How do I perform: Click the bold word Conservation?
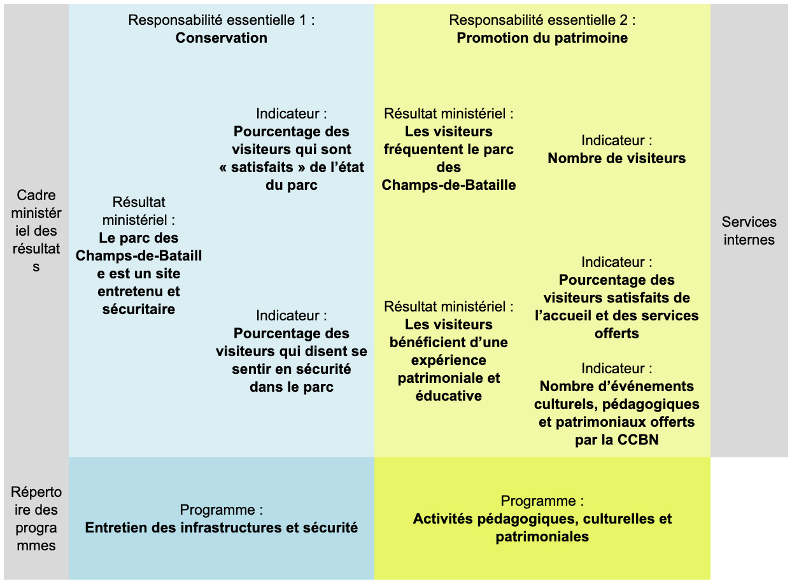(x=222, y=38)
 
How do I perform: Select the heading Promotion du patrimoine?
(x=542, y=38)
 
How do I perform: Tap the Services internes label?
(x=749, y=231)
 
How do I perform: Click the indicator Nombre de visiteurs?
(x=617, y=159)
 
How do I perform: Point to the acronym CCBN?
(x=638, y=439)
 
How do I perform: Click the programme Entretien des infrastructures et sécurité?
(x=222, y=527)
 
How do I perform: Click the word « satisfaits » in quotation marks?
(x=262, y=168)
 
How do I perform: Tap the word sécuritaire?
(x=139, y=309)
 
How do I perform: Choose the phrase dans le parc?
(x=292, y=387)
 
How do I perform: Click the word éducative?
(x=448, y=396)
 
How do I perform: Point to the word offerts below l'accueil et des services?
(x=617, y=333)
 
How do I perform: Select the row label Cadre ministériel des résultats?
(x=36, y=231)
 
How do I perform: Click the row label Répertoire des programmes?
(x=36, y=518)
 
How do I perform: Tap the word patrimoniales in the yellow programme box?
(x=542, y=536)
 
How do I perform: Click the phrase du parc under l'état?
(x=292, y=185)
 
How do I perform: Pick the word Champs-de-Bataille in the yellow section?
(x=448, y=185)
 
